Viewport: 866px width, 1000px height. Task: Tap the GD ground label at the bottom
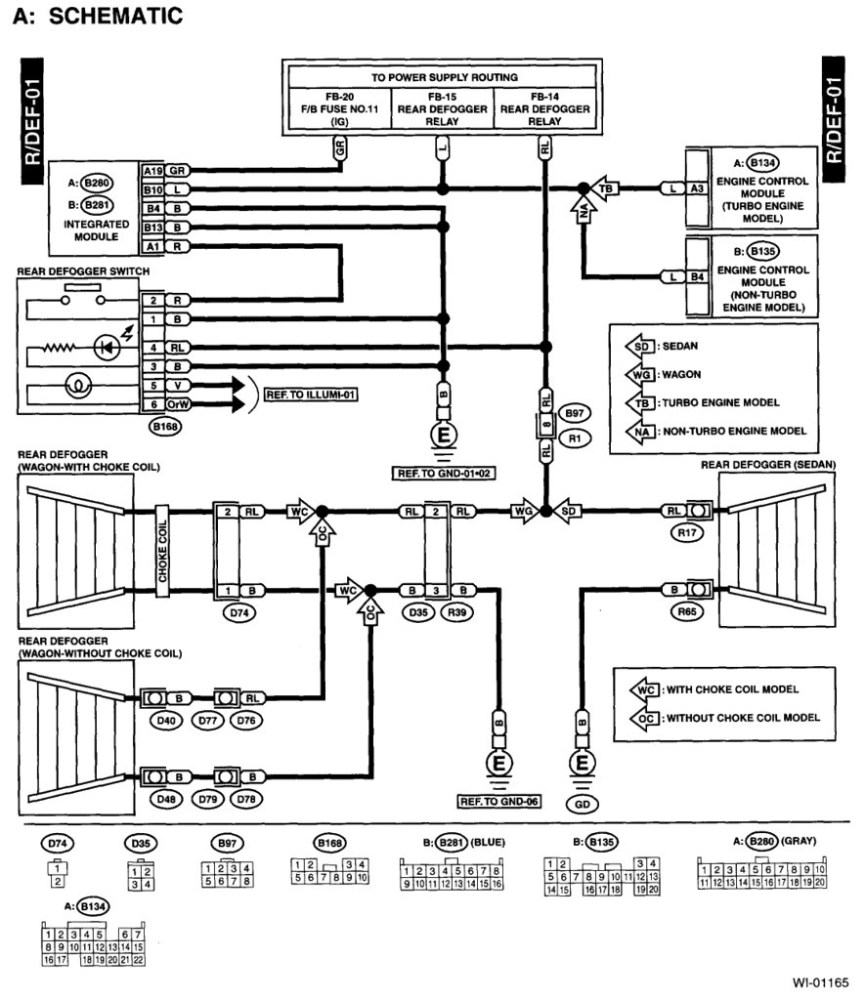(x=584, y=803)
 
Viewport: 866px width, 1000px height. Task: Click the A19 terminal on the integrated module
(x=152, y=169)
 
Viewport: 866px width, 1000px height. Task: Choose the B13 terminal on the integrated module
(x=152, y=228)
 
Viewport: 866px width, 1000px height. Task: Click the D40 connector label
(x=156, y=721)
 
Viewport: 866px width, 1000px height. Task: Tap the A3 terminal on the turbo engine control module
(x=697, y=187)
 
